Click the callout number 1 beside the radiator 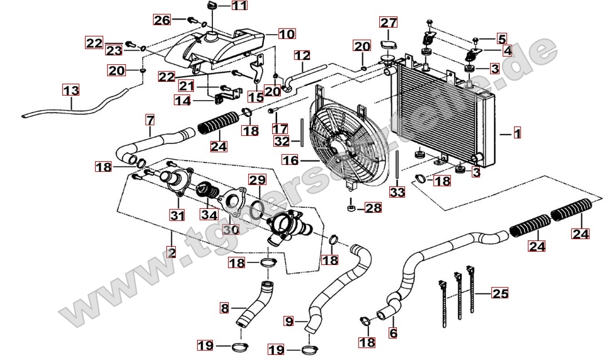(x=517, y=133)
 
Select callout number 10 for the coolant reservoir (x=286, y=34)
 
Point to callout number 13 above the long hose (x=71, y=90)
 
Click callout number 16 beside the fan (x=290, y=160)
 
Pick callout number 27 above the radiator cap (x=388, y=23)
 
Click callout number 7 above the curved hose (x=150, y=119)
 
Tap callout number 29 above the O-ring (x=256, y=180)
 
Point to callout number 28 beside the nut (x=372, y=208)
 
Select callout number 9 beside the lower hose (x=289, y=322)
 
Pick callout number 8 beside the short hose (x=224, y=308)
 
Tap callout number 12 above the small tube (x=302, y=55)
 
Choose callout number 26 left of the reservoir (x=162, y=20)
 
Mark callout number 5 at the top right (x=501, y=38)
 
